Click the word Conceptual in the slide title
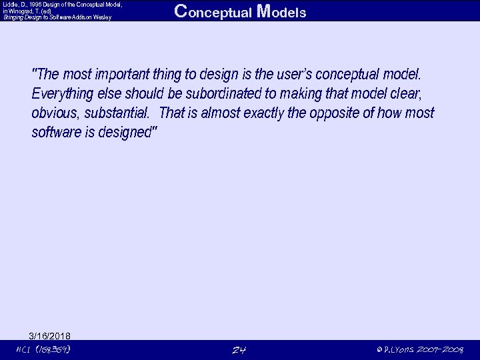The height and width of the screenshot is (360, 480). click(x=213, y=12)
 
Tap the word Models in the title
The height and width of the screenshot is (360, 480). click(x=281, y=12)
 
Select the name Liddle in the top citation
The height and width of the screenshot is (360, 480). click(x=9, y=4)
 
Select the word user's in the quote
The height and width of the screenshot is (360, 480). click(x=313, y=73)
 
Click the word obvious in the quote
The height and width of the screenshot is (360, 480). click(x=55, y=113)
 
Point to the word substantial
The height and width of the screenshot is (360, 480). click(x=117, y=113)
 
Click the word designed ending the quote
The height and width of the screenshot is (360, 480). click(x=125, y=133)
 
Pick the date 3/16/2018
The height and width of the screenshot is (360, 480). click(x=50, y=335)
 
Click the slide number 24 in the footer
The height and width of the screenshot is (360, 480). click(x=239, y=350)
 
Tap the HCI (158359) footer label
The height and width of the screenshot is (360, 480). click(x=43, y=350)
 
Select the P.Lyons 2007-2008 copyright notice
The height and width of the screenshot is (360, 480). click(x=419, y=350)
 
